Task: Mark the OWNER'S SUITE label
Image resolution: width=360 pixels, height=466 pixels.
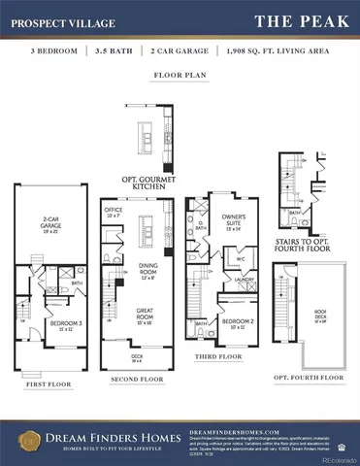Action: coord(233,220)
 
